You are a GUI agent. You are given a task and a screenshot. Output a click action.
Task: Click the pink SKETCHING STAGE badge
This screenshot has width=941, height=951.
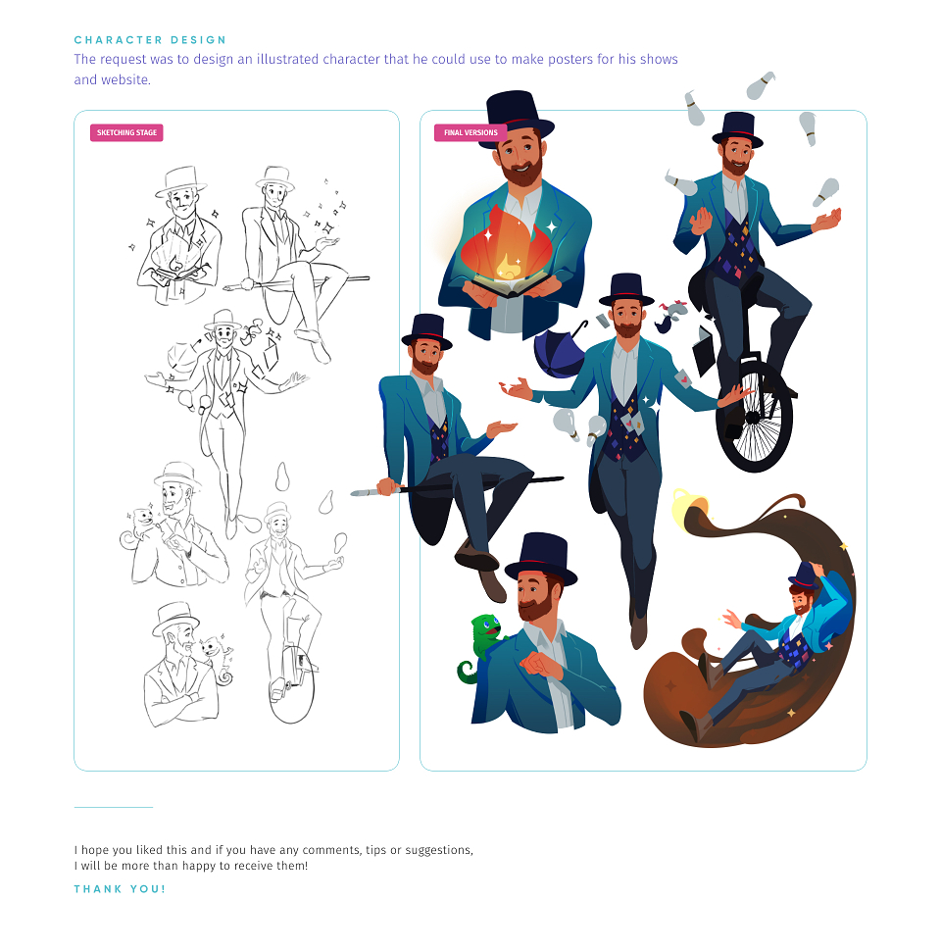tap(126, 132)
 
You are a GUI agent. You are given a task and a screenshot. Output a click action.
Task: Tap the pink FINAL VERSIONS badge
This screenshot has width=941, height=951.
tap(470, 132)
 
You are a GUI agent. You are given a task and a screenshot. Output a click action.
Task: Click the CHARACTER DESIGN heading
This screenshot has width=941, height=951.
tap(150, 40)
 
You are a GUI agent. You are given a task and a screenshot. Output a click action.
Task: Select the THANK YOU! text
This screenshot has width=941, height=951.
tap(120, 889)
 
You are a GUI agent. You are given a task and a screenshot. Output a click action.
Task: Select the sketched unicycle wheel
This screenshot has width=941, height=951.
tap(292, 684)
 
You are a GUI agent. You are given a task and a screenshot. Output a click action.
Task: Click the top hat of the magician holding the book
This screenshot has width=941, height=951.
tap(520, 116)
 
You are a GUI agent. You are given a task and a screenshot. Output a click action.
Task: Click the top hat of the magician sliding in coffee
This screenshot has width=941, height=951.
tap(804, 575)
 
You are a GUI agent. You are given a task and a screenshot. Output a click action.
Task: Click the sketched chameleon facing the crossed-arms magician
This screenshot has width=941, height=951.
tap(216, 656)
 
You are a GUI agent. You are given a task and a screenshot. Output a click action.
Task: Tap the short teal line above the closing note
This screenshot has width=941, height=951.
tap(114, 807)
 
